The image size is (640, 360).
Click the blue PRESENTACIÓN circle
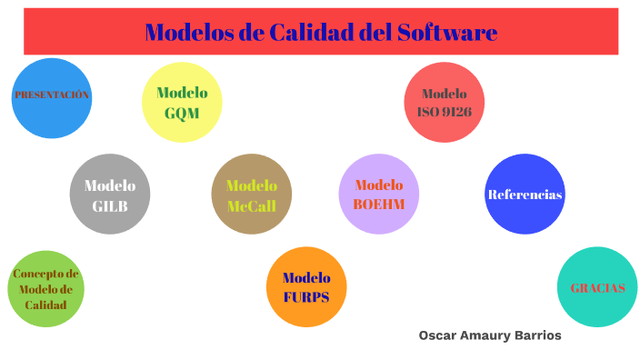coord(52,98)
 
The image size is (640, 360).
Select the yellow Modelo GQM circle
coord(183,102)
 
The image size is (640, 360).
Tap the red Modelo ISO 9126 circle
coord(444,102)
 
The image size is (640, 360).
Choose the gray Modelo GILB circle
coord(110,195)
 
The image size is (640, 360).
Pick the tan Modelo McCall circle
coord(252,195)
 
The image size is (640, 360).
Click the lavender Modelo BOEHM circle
coord(379,195)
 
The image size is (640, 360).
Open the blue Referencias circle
coord(525,195)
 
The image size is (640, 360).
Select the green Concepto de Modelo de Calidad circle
coord(46,288)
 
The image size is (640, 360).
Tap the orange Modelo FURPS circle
coord(306,287)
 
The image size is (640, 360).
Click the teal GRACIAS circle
coord(597,287)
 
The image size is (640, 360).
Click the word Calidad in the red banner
coord(308,33)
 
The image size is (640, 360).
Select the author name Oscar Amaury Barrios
coord(490,335)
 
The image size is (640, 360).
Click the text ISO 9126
coord(444,112)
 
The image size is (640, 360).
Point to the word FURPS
coord(306,297)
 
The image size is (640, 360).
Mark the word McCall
coord(252,206)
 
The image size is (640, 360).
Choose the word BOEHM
coord(379,205)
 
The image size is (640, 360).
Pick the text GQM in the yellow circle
coord(182,113)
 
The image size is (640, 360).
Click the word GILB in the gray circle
coord(110,205)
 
